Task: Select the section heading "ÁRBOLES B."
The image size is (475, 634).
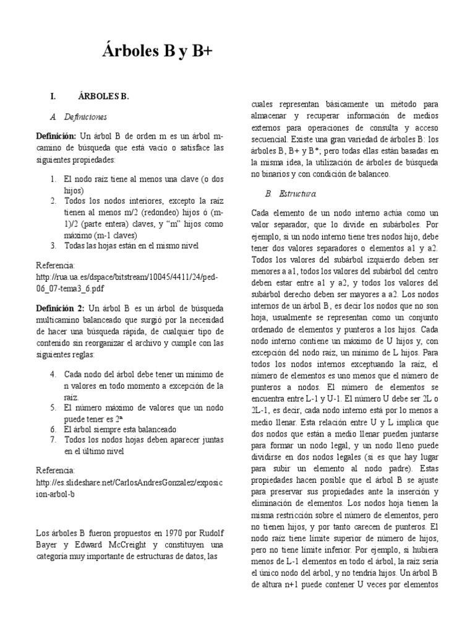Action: [103, 96]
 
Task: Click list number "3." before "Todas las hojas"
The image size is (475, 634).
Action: [54, 245]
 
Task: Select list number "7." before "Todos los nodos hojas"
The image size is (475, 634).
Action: [54, 439]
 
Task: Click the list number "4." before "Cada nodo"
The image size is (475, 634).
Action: [54, 374]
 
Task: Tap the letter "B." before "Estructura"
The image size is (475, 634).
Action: [268, 194]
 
